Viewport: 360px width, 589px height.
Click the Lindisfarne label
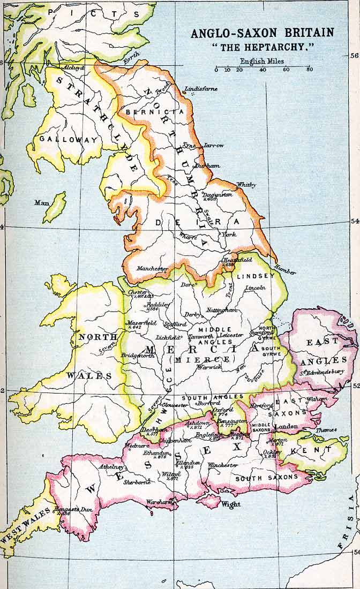click(201, 89)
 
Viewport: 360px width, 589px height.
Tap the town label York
click(229, 235)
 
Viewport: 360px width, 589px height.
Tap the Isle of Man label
click(41, 203)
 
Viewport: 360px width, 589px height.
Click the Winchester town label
click(223, 465)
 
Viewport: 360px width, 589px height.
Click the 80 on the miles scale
click(310, 70)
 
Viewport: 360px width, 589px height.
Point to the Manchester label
click(152, 268)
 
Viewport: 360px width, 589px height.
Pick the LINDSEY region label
click(255, 275)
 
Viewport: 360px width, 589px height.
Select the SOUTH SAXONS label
click(266, 478)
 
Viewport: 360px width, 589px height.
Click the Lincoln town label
click(255, 288)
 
